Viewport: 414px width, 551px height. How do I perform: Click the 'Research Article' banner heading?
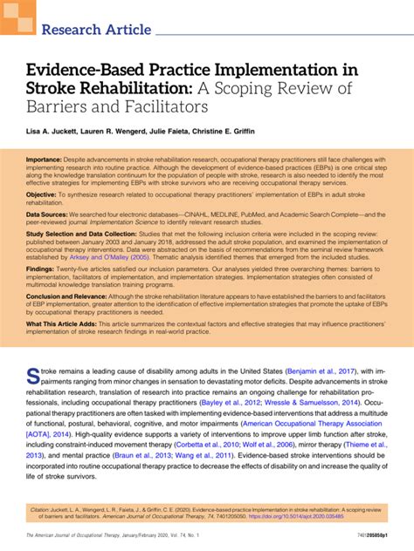point(96,30)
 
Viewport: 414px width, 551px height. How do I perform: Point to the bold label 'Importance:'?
point(50,161)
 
